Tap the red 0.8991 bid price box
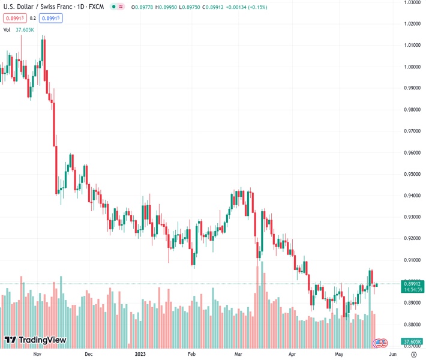pyautogui.click(x=15, y=18)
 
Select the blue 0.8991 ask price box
pyautogui.click(x=51, y=18)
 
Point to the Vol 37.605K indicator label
pyautogui.click(x=19, y=29)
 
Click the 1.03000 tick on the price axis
pyautogui.click(x=412, y=2)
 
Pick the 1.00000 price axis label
pyautogui.click(x=412, y=67)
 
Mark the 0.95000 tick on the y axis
pyautogui.click(x=412, y=174)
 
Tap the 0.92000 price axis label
pyautogui.click(x=412, y=238)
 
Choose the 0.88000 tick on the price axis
pyautogui.click(x=412, y=324)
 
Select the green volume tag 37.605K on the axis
pyautogui.click(x=412, y=342)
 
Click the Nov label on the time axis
pyautogui.click(x=37, y=354)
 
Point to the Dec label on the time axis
pyautogui.click(x=89, y=354)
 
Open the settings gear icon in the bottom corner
pyautogui.click(x=413, y=354)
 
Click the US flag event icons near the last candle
pyautogui.click(x=380, y=343)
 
